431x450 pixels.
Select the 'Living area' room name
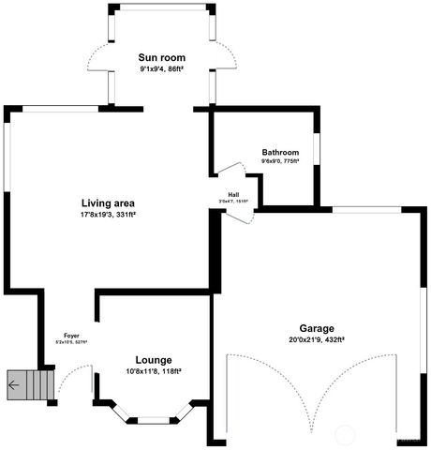point(108,202)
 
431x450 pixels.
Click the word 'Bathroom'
point(280,152)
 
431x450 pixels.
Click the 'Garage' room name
point(318,328)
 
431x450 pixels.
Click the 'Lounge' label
point(153,360)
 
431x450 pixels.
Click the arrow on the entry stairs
point(13,383)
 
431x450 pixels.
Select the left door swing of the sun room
point(97,61)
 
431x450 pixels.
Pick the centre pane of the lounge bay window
point(153,418)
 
